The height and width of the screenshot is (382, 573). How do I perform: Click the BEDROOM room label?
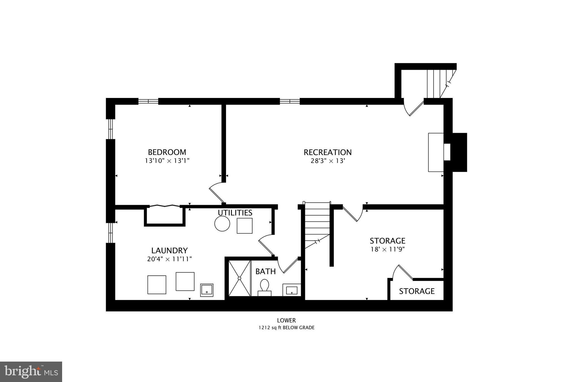pos(167,152)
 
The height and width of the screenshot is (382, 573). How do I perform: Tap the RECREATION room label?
pos(328,152)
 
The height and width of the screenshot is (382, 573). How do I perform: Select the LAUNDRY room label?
pos(169,250)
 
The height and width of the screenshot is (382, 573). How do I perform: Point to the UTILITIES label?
pos(235,213)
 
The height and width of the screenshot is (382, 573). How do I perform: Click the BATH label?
pos(266,271)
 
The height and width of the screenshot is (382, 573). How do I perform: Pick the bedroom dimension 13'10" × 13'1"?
pos(167,161)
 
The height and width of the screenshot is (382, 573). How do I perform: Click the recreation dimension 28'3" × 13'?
pos(328,161)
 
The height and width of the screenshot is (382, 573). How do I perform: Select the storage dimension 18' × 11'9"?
pos(388,249)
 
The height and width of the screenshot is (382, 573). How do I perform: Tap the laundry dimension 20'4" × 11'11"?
pos(169,259)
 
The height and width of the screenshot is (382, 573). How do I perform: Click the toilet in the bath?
pos(264,287)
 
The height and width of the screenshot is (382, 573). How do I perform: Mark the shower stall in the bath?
pos(239,278)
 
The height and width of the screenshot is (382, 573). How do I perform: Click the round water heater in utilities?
pos(222,224)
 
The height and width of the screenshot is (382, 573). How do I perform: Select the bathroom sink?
pos(292,290)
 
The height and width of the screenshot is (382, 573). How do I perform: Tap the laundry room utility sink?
pos(207,290)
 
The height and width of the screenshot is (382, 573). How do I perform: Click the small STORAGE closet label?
pos(417,291)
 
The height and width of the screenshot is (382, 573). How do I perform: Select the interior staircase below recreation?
pos(317,225)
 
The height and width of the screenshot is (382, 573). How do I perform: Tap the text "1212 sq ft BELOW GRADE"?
pos(286,328)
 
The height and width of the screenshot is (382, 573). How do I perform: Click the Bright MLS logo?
pos(31,372)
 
